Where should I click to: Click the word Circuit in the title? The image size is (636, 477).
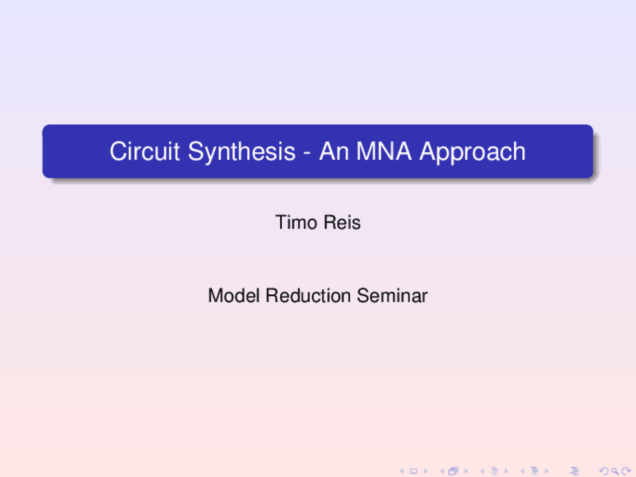pyautogui.click(x=144, y=152)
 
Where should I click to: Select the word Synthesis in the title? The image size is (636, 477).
pyautogui.click(x=241, y=152)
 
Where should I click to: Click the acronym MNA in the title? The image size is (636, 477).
pyautogui.click(x=384, y=152)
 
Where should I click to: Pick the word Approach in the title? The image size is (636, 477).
pyautogui.click(x=472, y=153)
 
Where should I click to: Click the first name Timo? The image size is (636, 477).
pyautogui.click(x=296, y=223)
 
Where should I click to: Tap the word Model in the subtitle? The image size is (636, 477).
pyautogui.click(x=234, y=296)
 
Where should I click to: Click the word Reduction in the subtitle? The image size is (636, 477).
pyautogui.click(x=308, y=296)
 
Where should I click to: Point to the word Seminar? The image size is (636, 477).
pyautogui.click(x=392, y=296)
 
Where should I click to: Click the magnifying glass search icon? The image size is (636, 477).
pyautogui.click(x=615, y=471)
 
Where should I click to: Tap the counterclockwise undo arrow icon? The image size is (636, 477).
pyautogui.click(x=604, y=471)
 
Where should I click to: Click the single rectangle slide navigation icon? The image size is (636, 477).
pyautogui.click(x=413, y=471)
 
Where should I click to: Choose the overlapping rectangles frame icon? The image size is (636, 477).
pyautogui.click(x=453, y=471)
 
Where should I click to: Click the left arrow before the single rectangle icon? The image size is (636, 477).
pyautogui.click(x=402, y=471)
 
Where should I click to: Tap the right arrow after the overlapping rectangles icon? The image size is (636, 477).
pyautogui.click(x=466, y=471)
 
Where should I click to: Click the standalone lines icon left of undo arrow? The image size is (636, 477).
pyautogui.click(x=574, y=471)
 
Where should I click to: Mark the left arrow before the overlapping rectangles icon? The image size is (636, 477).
pyautogui.click(x=442, y=471)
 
